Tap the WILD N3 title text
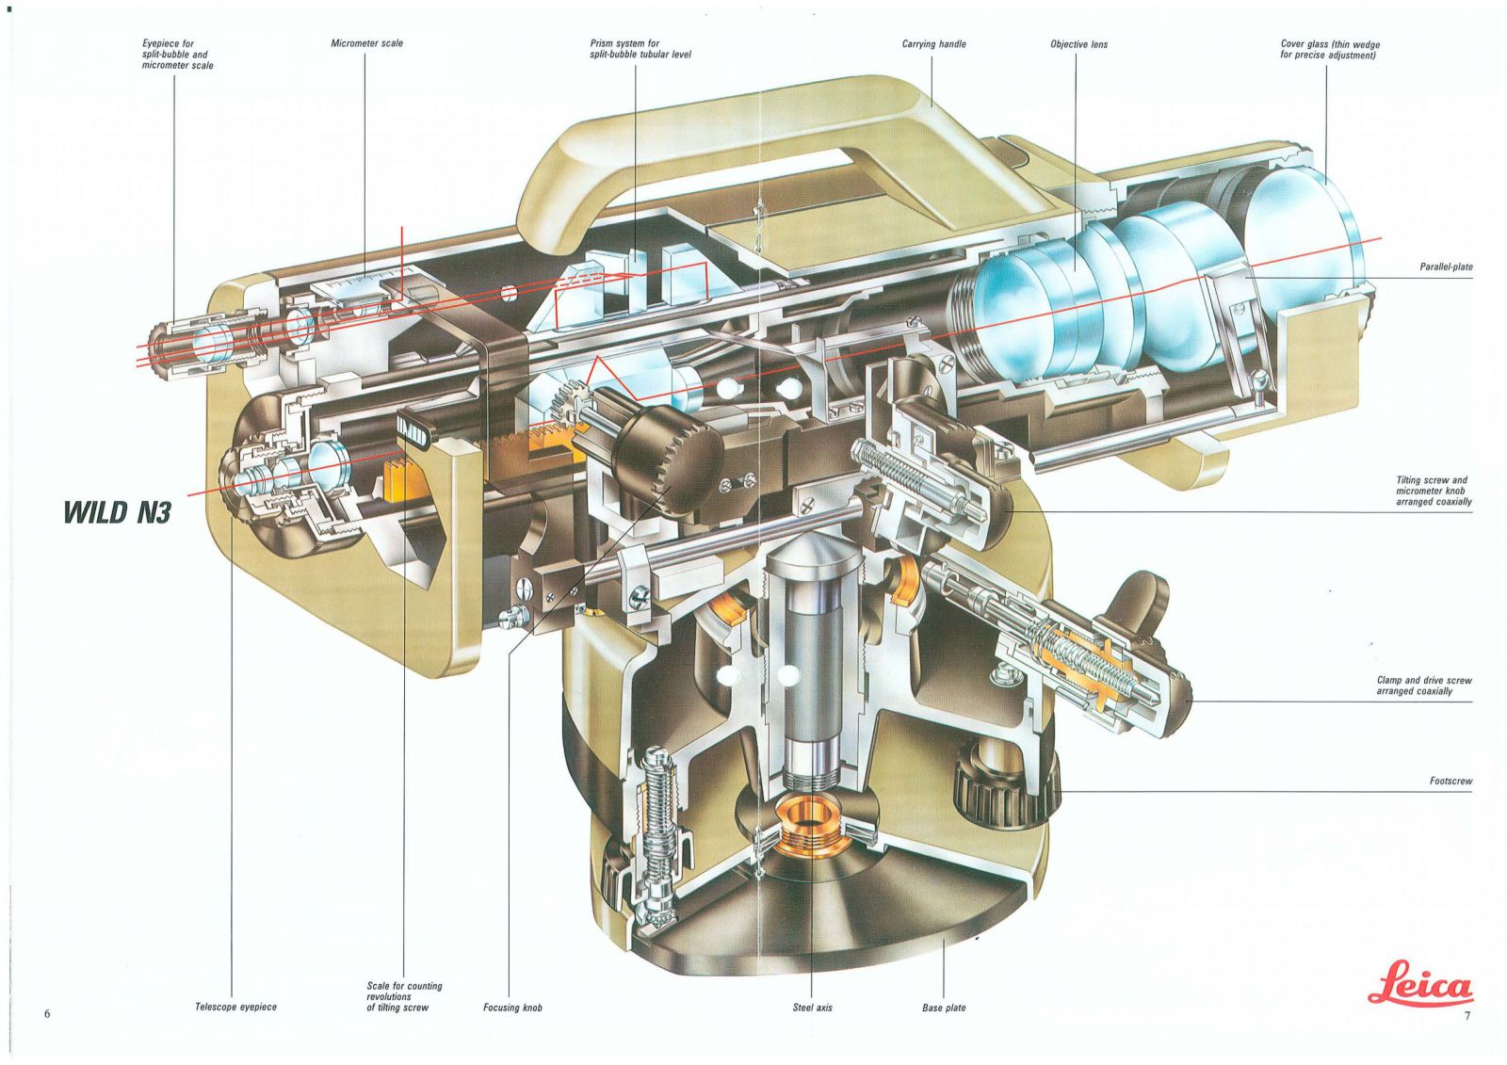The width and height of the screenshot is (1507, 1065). [x=117, y=512]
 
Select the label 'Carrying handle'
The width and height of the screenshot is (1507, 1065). [x=933, y=44]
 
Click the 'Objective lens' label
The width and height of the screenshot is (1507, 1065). [x=1078, y=44]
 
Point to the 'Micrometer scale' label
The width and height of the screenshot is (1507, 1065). [x=366, y=43]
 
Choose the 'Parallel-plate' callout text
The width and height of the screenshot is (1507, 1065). [x=1447, y=267]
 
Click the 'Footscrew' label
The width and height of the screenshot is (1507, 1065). [x=1451, y=781]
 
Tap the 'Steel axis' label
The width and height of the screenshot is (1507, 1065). [x=812, y=1008]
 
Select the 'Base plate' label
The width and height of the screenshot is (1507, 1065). [x=944, y=1008]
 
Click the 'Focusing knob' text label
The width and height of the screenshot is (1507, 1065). [x=512, y=1008]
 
